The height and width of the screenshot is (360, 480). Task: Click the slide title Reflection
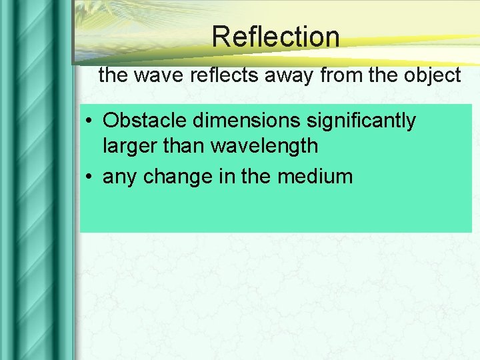click(x=275, y=37)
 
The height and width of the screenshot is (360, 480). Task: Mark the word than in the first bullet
click(x=184, y=145)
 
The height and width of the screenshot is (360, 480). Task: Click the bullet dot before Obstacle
click(x=89, y=121)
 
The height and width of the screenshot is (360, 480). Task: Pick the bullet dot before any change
click(x=89, y=177)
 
